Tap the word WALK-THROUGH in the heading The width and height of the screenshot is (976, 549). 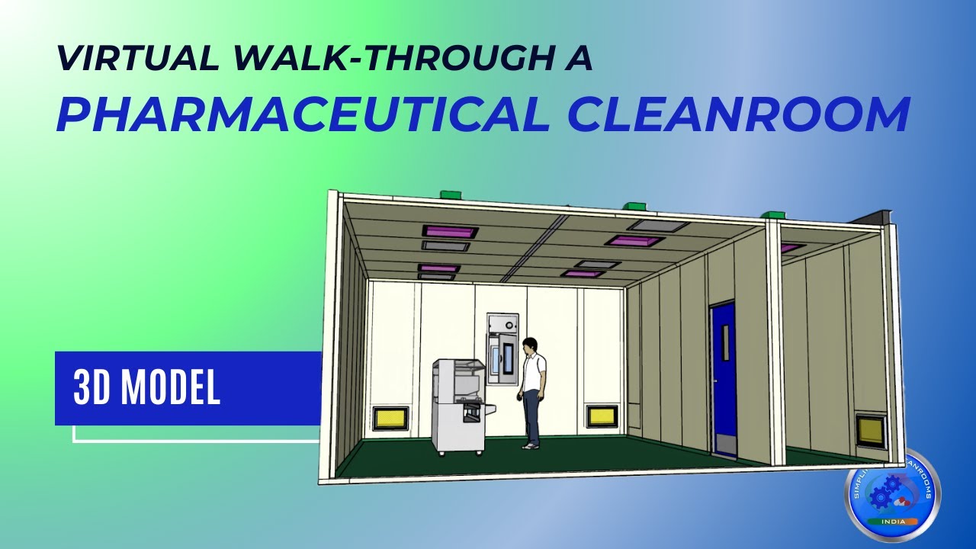(x=362, y=59)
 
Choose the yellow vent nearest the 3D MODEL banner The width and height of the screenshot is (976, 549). (x=390, y=418)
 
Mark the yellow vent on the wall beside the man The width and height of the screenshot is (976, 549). (x=602, y=416)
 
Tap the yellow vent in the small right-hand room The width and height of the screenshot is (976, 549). (x=869, y=432)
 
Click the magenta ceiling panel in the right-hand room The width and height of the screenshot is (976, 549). (x=791, y=248)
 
